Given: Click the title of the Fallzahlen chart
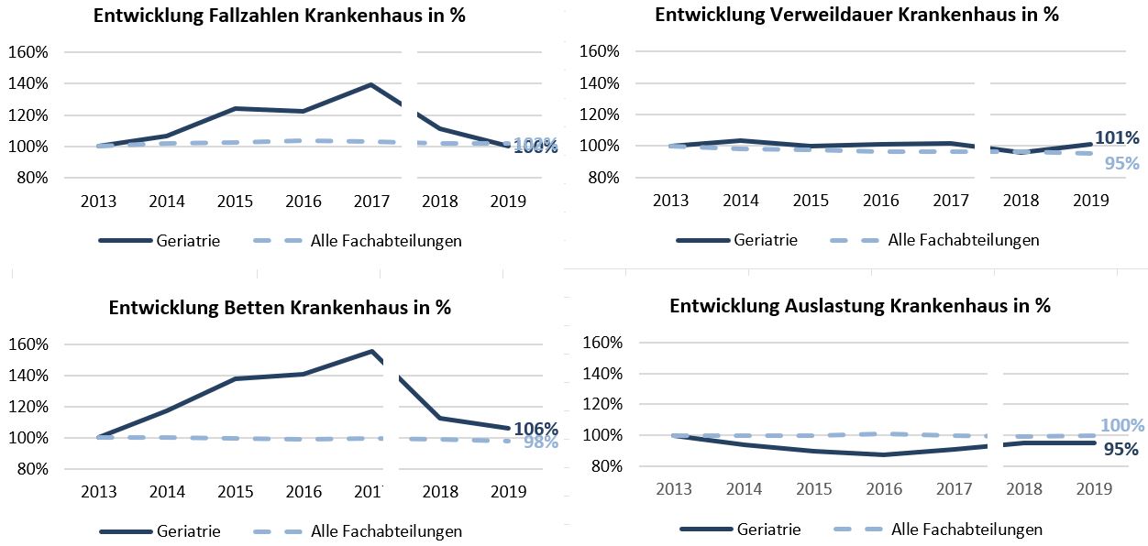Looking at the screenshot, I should [280, 16].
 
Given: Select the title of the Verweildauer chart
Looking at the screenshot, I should [857, 16].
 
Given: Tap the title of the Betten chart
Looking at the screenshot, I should [280, 308].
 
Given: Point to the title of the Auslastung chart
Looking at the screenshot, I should [860, 306].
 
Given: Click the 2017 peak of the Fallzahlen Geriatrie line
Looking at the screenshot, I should [370, 85].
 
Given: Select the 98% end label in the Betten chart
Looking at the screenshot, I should [541, 442].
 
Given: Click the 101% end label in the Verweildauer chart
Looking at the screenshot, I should [1117, 138].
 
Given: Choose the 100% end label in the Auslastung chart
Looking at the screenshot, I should [1122, 425].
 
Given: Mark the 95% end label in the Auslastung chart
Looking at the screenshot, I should [1120, 449].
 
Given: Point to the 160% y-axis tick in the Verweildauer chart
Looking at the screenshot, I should [602, 51].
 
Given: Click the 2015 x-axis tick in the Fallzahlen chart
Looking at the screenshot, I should [234, 202].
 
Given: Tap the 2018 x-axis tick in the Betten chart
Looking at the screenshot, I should [440, 492].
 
